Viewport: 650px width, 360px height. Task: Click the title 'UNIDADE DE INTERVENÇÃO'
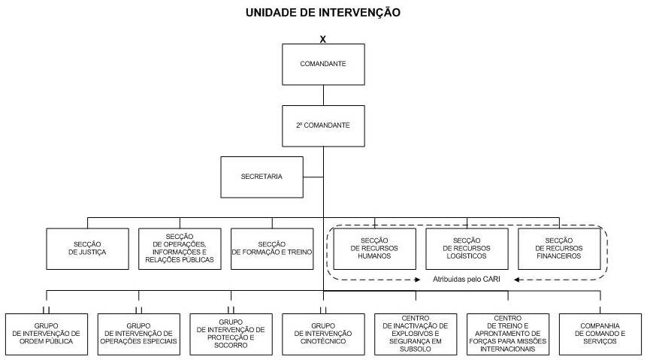pyautogui.click(x=323, y=12)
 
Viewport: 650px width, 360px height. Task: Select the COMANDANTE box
pyautogui.click(x=323, y=65)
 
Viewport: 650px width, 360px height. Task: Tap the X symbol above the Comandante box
pyautogui.click(x=323, y=39)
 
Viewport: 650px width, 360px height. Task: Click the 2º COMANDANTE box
pyautogui.click(x=323, y=126)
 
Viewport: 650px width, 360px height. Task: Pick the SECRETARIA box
pyautogui.click(x=262, y=177)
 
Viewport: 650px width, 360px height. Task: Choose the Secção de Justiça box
pyautogui.click(x=87, y=249)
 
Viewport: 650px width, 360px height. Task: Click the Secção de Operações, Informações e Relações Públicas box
pyautogui.click(x=180, y=249)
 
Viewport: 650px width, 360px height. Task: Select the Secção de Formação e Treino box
pyautogui.click(x=272, y=249)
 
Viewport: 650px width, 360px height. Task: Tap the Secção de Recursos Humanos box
pyautogui.click(x=375, y=249)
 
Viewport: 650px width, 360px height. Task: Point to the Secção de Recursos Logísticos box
pyautogui.click(x=467, y=249)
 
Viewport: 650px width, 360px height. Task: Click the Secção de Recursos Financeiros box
pyautogui.click(x=559, y=249)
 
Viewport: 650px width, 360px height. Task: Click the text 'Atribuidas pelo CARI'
pyautogui.click(x=467, y=279)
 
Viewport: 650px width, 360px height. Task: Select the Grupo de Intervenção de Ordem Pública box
pyautogui.click(x=47, y=334)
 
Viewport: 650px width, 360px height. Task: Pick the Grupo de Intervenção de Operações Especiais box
pyautogui.click(x=139, y=334)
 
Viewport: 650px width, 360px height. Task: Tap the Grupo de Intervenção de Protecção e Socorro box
pyautogui.click(x=231, y=334)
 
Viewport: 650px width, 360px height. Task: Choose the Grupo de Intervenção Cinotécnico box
pyautogui.click(x=323, y=334)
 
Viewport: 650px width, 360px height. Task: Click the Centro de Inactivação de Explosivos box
pyautogui.click(x=416, y=334)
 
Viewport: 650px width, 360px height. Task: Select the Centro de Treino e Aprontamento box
pyautogui.click(x=508, y=334)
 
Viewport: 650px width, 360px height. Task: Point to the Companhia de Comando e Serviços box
pyautogui.click(x=600, y=334)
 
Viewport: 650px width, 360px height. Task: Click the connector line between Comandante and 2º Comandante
pyautogui.click(x=323, y=95)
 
